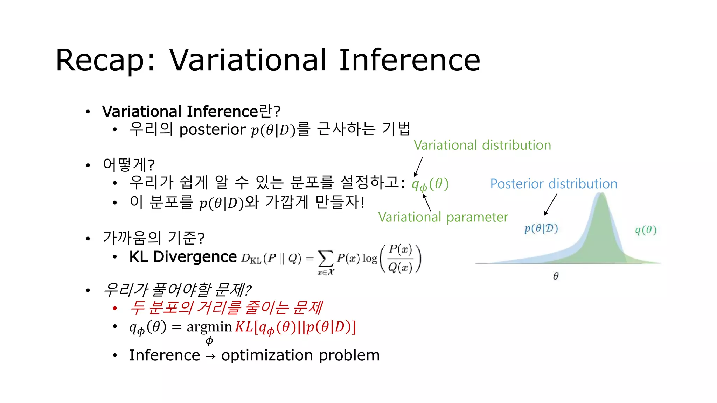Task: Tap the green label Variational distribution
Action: click(x=482, y=145)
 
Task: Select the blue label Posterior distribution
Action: click(x=554, y=184)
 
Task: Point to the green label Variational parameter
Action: click(x=443, y=217)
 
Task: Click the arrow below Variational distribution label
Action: click(x=418, y=167)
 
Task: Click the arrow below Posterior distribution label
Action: click(x=550, y=205)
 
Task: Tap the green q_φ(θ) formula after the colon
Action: click(x=430, y=184)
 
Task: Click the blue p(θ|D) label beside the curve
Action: click(x=541, y=228)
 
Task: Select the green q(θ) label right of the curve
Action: click(x=646, y=230)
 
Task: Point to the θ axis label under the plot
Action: click(x=556, y=276)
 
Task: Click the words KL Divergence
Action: click(x=183, y=257)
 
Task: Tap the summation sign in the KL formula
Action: click(x=325, y=259)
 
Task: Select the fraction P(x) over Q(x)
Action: click(x=400, y=259)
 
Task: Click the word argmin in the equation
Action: click(x=209, y=327)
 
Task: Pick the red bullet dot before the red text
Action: click(x=115, y=308)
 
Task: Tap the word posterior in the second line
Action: click(x=212, y=130)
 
